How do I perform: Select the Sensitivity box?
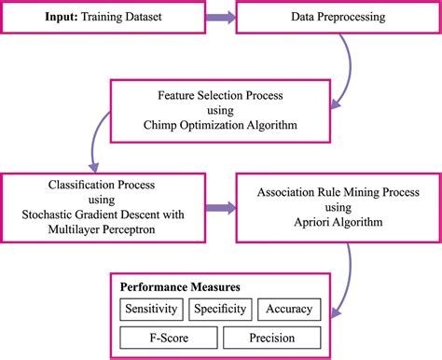click(x=154, y=309)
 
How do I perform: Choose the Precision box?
click(x=271, y=337)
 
